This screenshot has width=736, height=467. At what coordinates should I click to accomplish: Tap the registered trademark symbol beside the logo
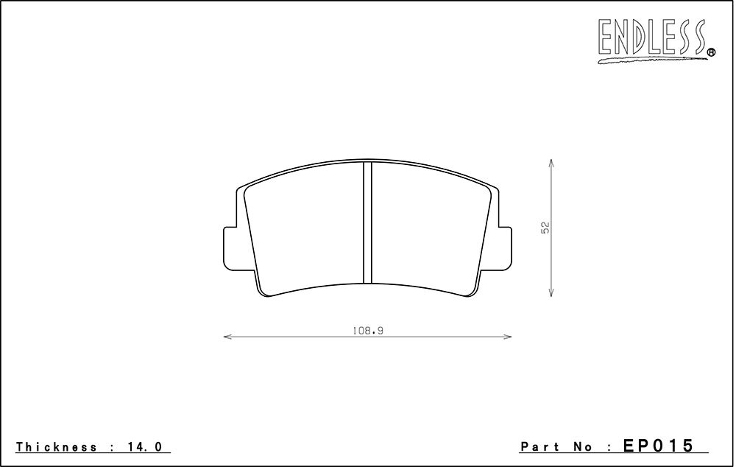point(711,52)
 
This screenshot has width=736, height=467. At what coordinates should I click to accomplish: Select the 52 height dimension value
point(545,228)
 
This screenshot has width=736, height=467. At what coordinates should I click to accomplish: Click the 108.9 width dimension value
point(367,331)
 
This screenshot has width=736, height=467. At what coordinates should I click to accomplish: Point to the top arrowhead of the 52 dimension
point(551,163)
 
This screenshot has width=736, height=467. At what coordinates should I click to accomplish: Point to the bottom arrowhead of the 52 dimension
point(551,292)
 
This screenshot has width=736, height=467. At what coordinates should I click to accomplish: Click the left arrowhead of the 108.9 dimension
point(229,337)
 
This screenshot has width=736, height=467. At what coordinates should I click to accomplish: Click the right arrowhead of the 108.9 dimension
point(506,337)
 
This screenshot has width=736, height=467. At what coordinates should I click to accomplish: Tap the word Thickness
point(57,447)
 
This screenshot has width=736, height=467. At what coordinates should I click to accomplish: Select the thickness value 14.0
point(145,447)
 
